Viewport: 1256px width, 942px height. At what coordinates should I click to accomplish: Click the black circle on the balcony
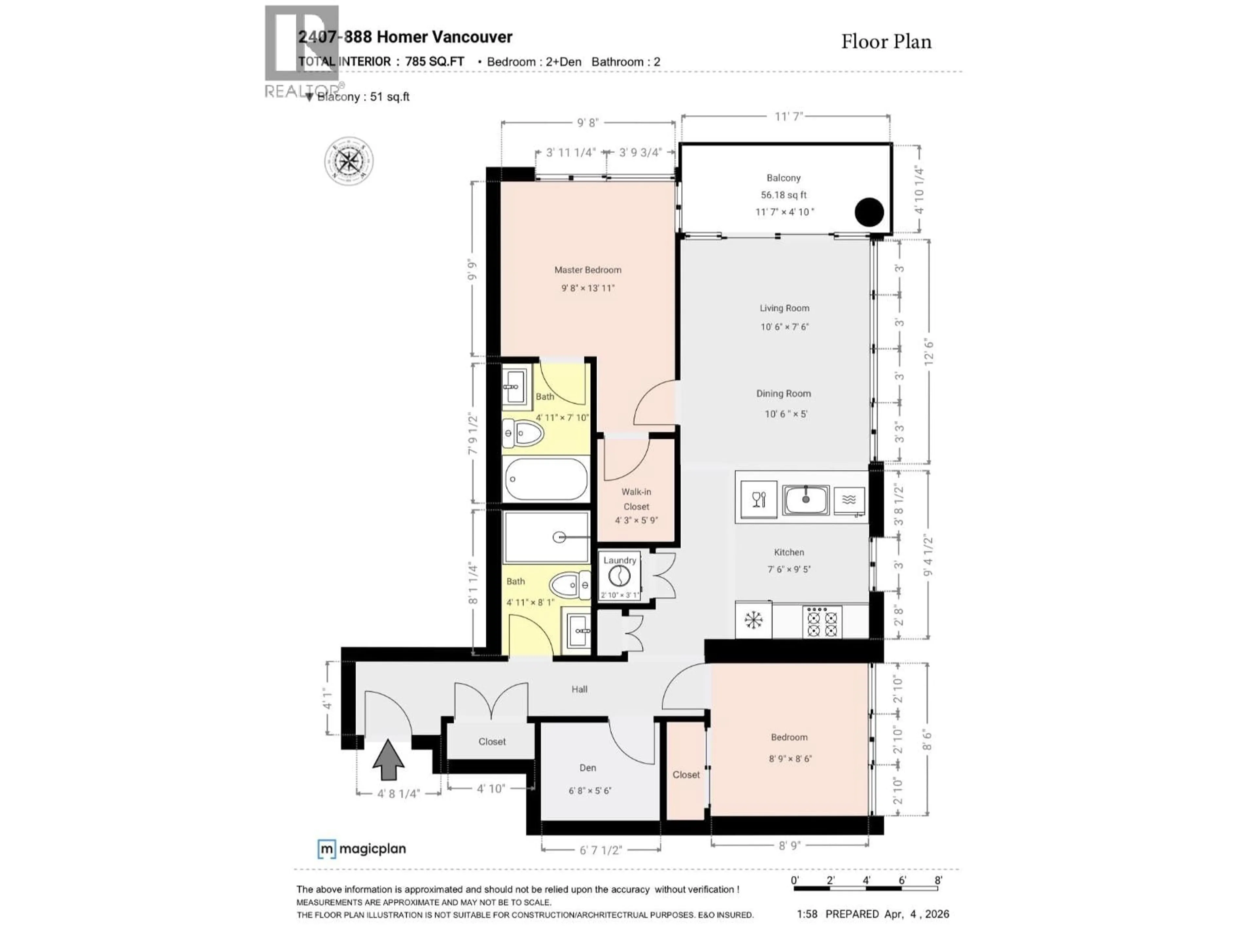pos(869,212)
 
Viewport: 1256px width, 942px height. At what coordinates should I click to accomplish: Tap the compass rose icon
pos(349,161)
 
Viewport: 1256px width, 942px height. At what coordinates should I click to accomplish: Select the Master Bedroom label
pos(588,270)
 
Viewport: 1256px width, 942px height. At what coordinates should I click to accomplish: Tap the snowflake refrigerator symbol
pos(753,620)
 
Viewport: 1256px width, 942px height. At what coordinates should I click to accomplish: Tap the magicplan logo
pos(362,849)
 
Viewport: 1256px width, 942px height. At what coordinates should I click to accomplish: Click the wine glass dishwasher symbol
pos(759,500)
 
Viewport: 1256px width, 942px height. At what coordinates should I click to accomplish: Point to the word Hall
pos(579,689)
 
